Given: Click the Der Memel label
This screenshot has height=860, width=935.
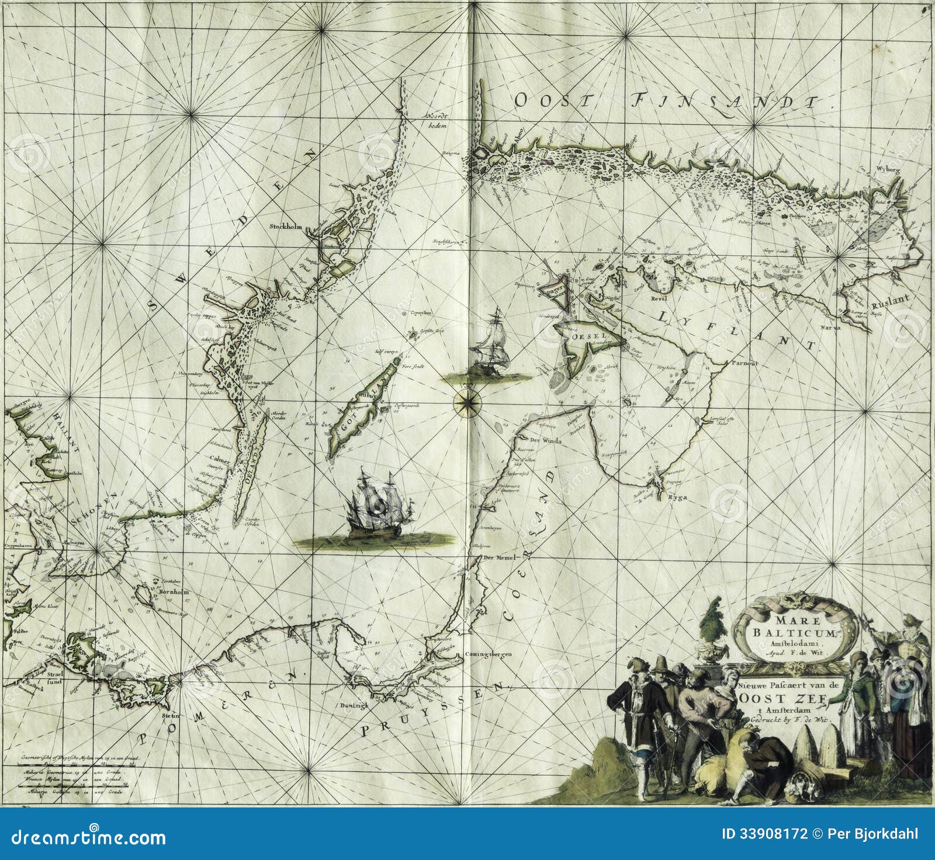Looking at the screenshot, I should [x=497, y=558].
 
